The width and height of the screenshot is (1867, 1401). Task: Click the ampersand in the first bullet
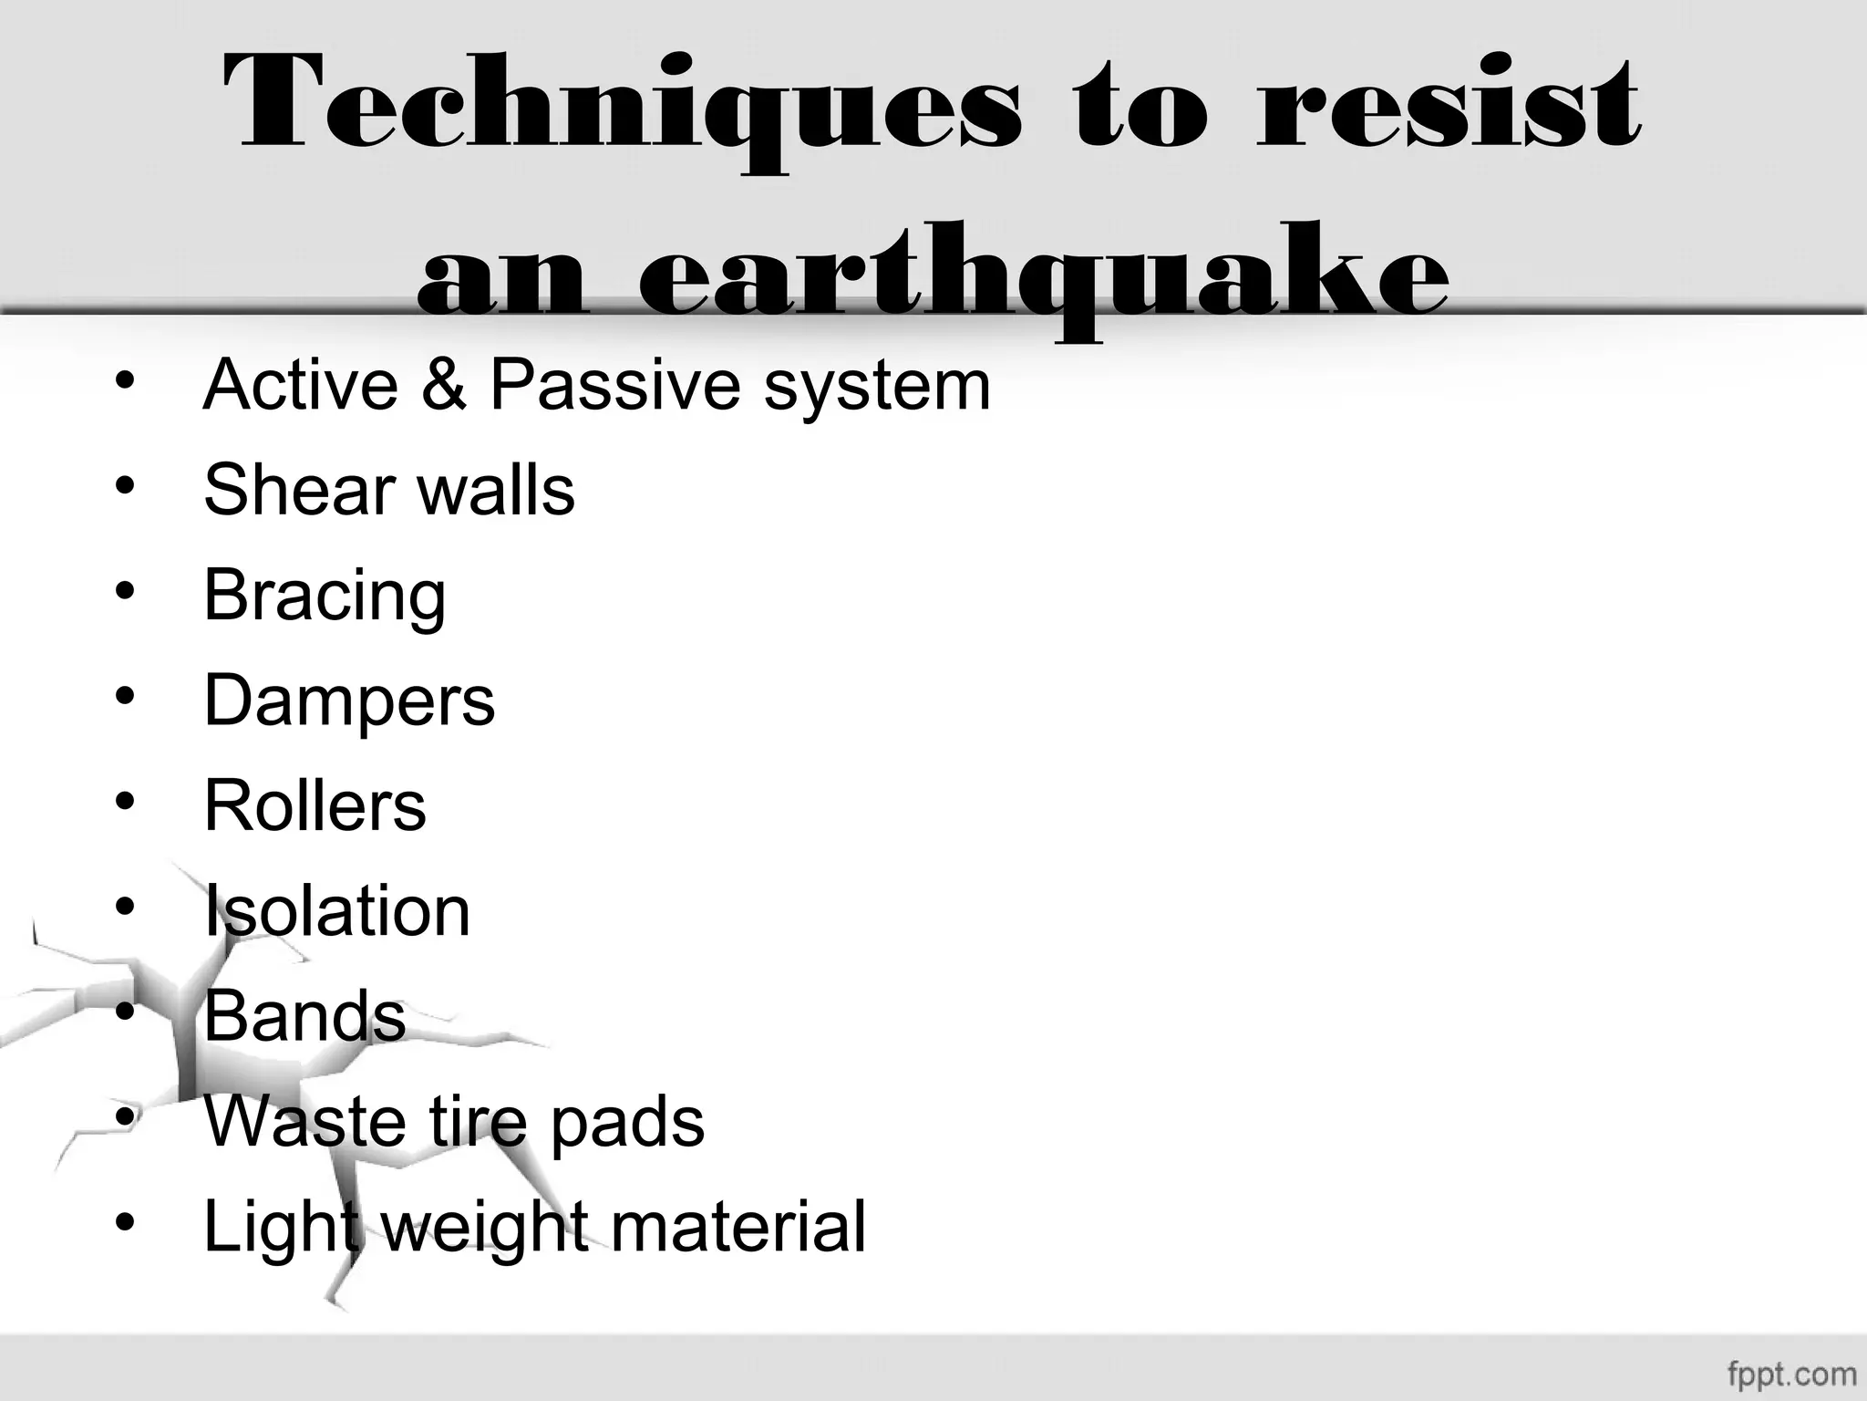click(x=444, y=384)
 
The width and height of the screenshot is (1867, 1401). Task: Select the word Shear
click(x=290, y=490)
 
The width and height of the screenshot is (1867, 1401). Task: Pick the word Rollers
click(x=315, y=805)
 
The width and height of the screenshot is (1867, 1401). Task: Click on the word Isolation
click(x=336, y=910)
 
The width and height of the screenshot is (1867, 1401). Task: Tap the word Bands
click(x=304, y=1015)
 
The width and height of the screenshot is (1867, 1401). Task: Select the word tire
click(x=478, y=1121)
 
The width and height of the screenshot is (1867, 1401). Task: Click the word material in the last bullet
click(x=738, y=1227)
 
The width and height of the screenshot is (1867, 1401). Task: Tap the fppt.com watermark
click(x=1790, y=1373)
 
